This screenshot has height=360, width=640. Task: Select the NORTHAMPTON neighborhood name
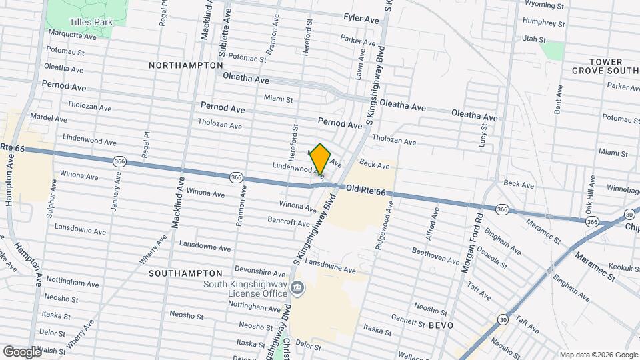(185, 65)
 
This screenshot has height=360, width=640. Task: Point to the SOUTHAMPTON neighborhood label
(185, 273)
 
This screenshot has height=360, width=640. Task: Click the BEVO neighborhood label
(441, 325)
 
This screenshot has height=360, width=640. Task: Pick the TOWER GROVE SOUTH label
(605, 66)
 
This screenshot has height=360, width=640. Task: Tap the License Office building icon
(297, 289)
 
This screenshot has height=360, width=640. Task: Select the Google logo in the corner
(22, 351)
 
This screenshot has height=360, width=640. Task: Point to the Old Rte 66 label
(366, 192)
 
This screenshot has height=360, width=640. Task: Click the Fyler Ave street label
(361, 19)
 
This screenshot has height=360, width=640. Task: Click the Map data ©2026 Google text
(598, 355)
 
